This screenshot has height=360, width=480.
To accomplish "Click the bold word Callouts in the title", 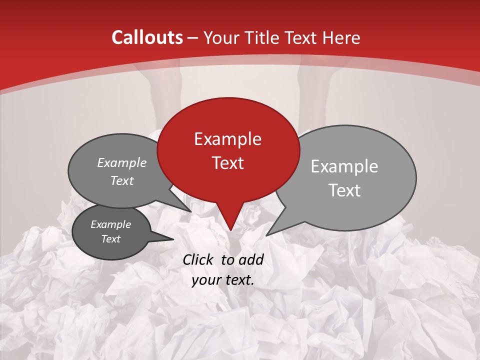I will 147,37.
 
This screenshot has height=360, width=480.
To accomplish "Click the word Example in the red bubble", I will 227,139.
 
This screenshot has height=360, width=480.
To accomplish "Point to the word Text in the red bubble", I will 227,163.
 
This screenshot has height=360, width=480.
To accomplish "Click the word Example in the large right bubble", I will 344,166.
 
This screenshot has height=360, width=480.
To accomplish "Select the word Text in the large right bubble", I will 345,190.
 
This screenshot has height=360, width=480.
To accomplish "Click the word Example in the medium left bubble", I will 121,163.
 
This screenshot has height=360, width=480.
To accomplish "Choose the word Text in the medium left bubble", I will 121,181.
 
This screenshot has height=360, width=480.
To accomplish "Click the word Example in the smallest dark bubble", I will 110,224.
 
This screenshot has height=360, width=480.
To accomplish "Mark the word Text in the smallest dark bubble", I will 110,239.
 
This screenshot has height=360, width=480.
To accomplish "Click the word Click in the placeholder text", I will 198,259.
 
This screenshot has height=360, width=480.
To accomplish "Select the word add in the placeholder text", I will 252,259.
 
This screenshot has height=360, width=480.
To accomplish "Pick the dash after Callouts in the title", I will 192,37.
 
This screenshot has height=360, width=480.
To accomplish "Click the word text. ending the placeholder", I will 238,280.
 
